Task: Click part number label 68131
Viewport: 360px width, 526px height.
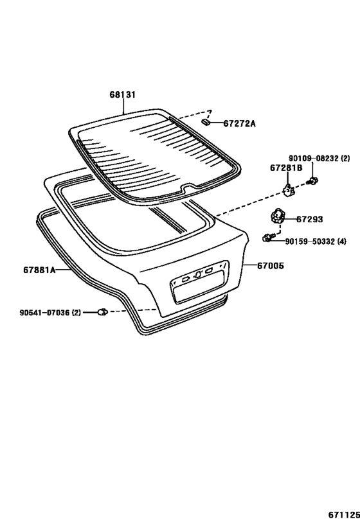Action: coord(123,95)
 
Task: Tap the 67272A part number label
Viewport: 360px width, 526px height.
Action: coord(239,124)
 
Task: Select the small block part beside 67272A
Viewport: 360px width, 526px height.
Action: coord(206,121)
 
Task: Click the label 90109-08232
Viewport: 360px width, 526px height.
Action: coord(314,159)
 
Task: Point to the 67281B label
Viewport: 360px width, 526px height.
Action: coord(286,168)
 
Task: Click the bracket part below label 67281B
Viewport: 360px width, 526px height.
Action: coord(289,191)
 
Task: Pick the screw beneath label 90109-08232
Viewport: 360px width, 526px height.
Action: coord(312,181)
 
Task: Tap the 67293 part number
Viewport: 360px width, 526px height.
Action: coord(309,220)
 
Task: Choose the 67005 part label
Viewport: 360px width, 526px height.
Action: coord(271,266)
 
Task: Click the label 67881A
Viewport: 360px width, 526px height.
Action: coord(39,270)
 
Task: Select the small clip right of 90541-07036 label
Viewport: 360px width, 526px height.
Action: coord(102,312)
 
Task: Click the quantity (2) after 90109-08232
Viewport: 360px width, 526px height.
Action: coord(345,159)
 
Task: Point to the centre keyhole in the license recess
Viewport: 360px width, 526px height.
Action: coord(198,274)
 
